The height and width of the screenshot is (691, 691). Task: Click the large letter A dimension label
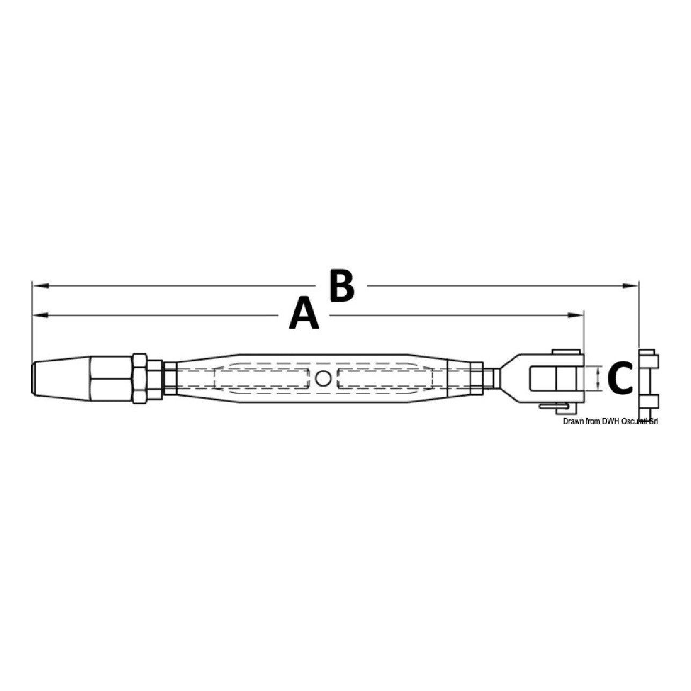303,312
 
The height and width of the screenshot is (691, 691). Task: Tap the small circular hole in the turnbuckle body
323,378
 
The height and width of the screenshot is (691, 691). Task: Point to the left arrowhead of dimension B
40,286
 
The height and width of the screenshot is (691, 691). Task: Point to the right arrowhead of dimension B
630,286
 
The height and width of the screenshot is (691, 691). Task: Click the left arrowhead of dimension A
40,315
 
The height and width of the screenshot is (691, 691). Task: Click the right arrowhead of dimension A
576,315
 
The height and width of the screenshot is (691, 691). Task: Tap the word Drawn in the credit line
572,421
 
